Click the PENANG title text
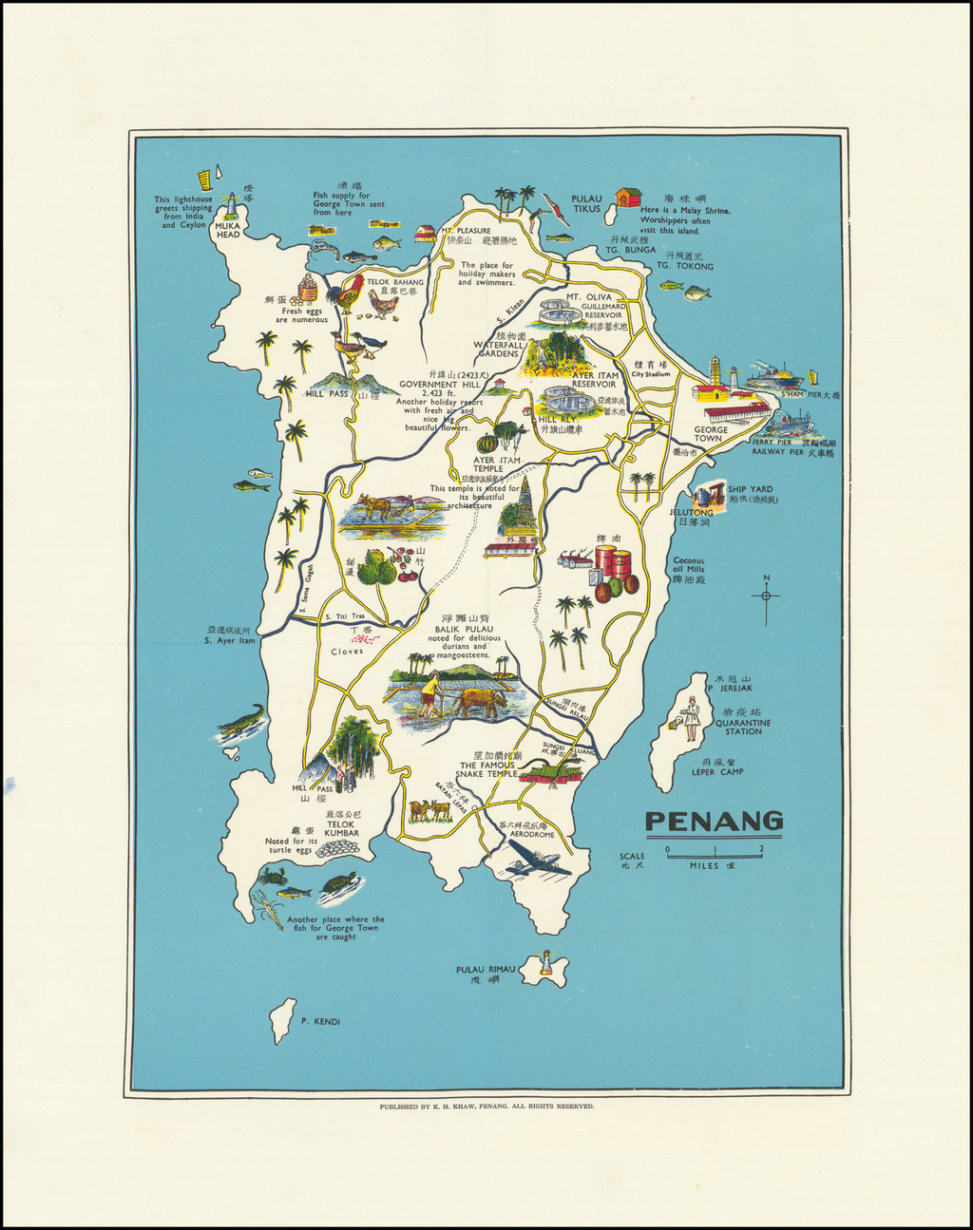click(x=714, y=822)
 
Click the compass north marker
click(x=766, y=595)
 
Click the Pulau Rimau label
click(x=485, y=970)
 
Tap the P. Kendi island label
click(x=319, y=1022)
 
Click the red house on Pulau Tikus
click(x=627, y=198)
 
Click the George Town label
click(x=710, y=434)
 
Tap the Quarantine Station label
click(x=742, y=727)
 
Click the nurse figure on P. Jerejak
click(x=691, y=718)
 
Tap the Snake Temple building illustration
click(x=550, y=773)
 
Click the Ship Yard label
click(x=750, y=490)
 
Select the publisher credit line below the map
click(x=486, y=1107)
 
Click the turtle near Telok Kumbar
click(x=338, y=883)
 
